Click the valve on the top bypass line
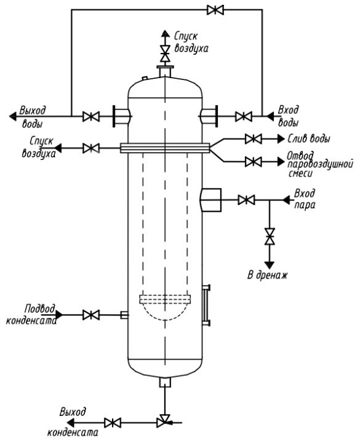[215, 10]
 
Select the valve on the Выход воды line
[91, 116]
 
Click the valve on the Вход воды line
[244, 116]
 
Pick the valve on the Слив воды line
[253, 138]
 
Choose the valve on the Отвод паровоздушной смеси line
[253, 162]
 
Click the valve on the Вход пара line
[246, 200]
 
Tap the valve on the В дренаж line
[270, 236]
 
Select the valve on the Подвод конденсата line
[91, 315]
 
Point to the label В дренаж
[267, 275]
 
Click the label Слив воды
[309, 138]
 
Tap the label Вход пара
[305, 199]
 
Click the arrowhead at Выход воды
[13, 116]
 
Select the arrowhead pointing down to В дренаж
[270, 265]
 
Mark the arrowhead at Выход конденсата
[70, 423]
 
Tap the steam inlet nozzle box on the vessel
[211, 200]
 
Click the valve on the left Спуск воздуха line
[91, 148]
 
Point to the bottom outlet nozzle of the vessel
[165, 382]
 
